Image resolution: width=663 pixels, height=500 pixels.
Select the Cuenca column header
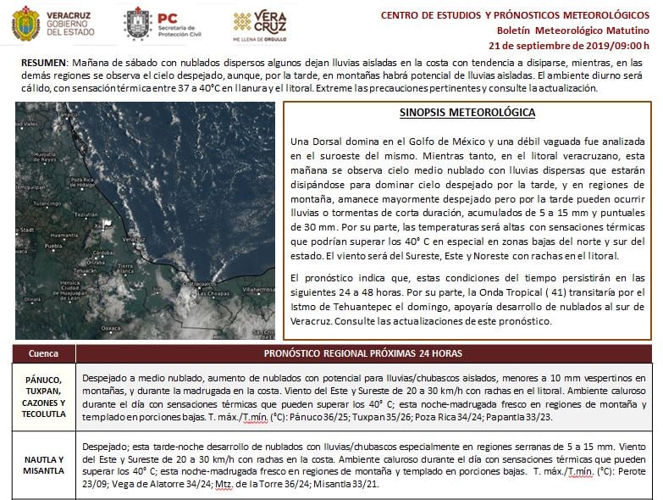click(43, 353)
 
